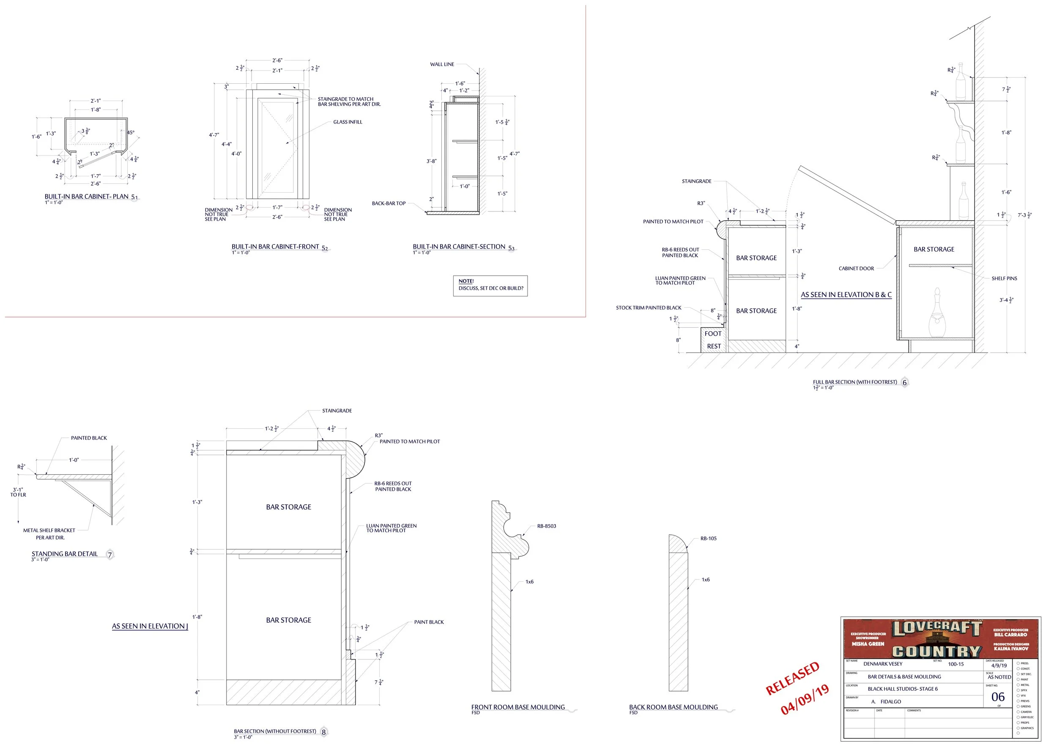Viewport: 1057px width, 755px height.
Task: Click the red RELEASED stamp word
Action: pos(792,678)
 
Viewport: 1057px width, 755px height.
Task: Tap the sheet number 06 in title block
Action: pos(997,696)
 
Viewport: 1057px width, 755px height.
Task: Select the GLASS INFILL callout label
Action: pos(348,122)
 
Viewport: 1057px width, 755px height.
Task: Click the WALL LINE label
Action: pos(442,64)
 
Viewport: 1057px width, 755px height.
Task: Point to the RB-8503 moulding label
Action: pos(546,526)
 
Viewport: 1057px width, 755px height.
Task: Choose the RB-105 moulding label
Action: pos(708,539)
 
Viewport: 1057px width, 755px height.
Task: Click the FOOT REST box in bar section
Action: pos(713,340)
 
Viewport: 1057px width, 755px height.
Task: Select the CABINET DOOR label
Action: pos(856,268)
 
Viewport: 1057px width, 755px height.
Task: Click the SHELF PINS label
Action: pos(1004,279)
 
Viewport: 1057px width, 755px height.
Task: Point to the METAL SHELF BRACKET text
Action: pos(49,531)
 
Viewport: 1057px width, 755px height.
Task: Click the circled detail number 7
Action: pos(110,555)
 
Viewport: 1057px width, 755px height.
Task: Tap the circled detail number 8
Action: pos(324,732)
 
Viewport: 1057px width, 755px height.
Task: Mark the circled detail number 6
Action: pos(904,383)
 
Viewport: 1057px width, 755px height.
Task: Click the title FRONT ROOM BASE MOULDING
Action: pos(518,707)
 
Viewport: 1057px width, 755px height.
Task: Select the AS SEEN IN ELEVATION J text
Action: pos(150,626)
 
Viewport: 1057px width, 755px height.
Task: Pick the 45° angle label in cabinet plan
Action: pos(131,132)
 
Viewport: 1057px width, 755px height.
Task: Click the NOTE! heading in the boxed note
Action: pos(466,281)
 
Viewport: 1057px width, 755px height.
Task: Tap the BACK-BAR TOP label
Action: pos(389,203)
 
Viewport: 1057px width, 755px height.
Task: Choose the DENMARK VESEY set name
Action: pos(883,664)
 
